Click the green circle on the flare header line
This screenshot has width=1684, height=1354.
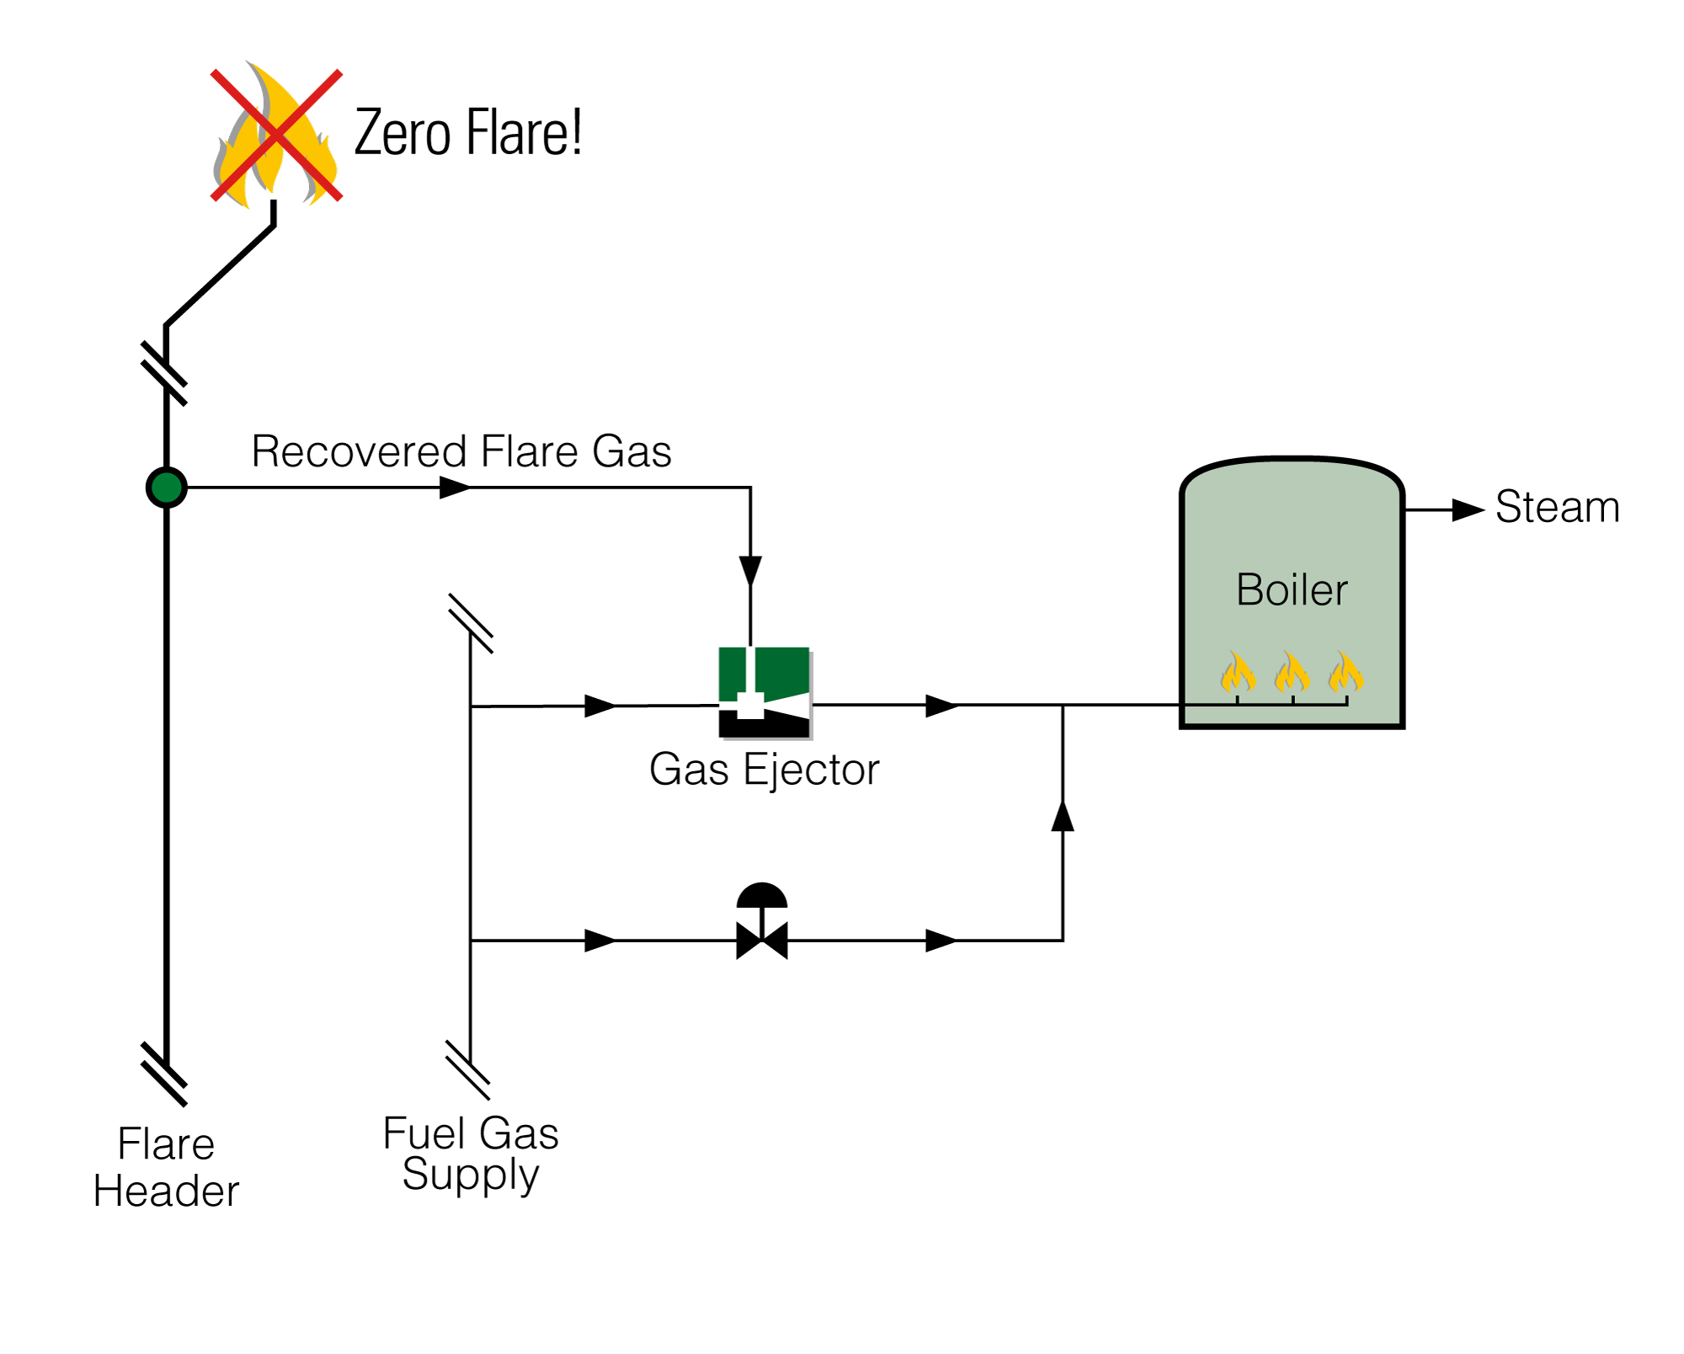tap(166, 488)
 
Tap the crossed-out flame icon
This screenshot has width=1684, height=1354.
tap(275, 136)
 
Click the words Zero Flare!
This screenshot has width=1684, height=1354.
tap(467, 133)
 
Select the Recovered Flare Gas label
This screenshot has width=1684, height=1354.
tap(461, 451)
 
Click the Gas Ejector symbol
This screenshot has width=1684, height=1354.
tap(765, 692)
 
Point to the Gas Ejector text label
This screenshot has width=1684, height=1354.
tap(764, 770)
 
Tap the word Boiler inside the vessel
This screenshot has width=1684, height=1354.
tap(1292, 589)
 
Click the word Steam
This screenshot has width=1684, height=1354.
tap(1557, 508)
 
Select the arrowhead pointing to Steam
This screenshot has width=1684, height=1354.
tap(1468, 510)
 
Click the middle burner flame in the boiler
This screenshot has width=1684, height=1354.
tap(1292, 673)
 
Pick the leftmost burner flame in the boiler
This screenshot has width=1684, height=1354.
tap(1238, 673)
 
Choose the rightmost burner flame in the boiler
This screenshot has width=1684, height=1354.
tap(1346, 673)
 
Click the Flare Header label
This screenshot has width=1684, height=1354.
tap(166, 1167)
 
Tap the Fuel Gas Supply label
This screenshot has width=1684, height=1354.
tap(470, 1154)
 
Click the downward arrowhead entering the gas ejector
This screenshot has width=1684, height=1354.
tap(750, 571)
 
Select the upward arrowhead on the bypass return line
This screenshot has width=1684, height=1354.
tap(1063, 816)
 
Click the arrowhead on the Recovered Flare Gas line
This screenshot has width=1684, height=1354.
tap(455, 488)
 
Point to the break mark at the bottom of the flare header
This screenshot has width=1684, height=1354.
tap(164, 1074)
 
